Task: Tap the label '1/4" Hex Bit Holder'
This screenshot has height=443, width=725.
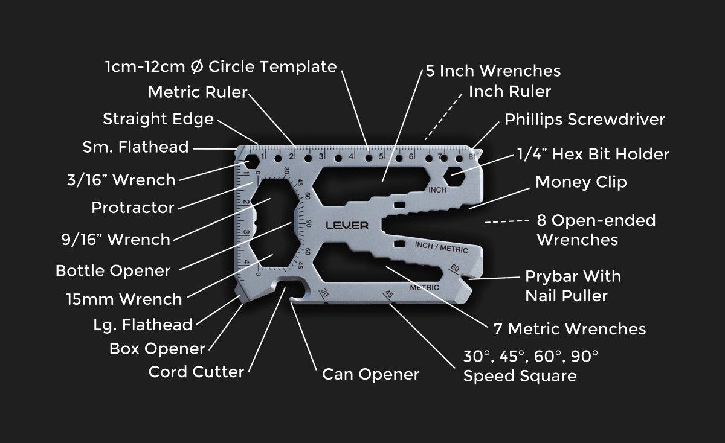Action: (x=593, y=154)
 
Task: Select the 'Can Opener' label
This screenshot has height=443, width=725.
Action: (x=370, y=374)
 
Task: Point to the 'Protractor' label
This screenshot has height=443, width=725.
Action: (x=133, y=208)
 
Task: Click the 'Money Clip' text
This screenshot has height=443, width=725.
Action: (x=581, y=182)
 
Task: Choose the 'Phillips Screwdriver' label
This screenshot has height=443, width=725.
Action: (x=585, y=120)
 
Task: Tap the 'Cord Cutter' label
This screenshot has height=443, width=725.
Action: (x=196, y=371)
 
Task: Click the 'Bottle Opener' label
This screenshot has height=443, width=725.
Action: (x=113, y=270)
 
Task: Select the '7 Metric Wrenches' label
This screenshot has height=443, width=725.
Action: (x=570, y=329)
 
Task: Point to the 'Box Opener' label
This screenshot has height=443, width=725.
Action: (x=157, y=349)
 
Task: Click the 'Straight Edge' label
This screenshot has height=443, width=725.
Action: (x=158, y=119)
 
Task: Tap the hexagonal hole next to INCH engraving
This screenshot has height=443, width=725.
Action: (x=454, y=177)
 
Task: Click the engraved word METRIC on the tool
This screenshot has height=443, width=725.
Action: (x=424, y=288)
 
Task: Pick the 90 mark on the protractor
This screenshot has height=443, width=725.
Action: (x=308, y=224)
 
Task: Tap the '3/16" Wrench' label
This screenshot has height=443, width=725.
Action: (x=121, y=180)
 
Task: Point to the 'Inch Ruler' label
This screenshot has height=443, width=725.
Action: (x=510, y=92)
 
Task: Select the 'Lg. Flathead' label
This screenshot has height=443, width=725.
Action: (x=143, y=325)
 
